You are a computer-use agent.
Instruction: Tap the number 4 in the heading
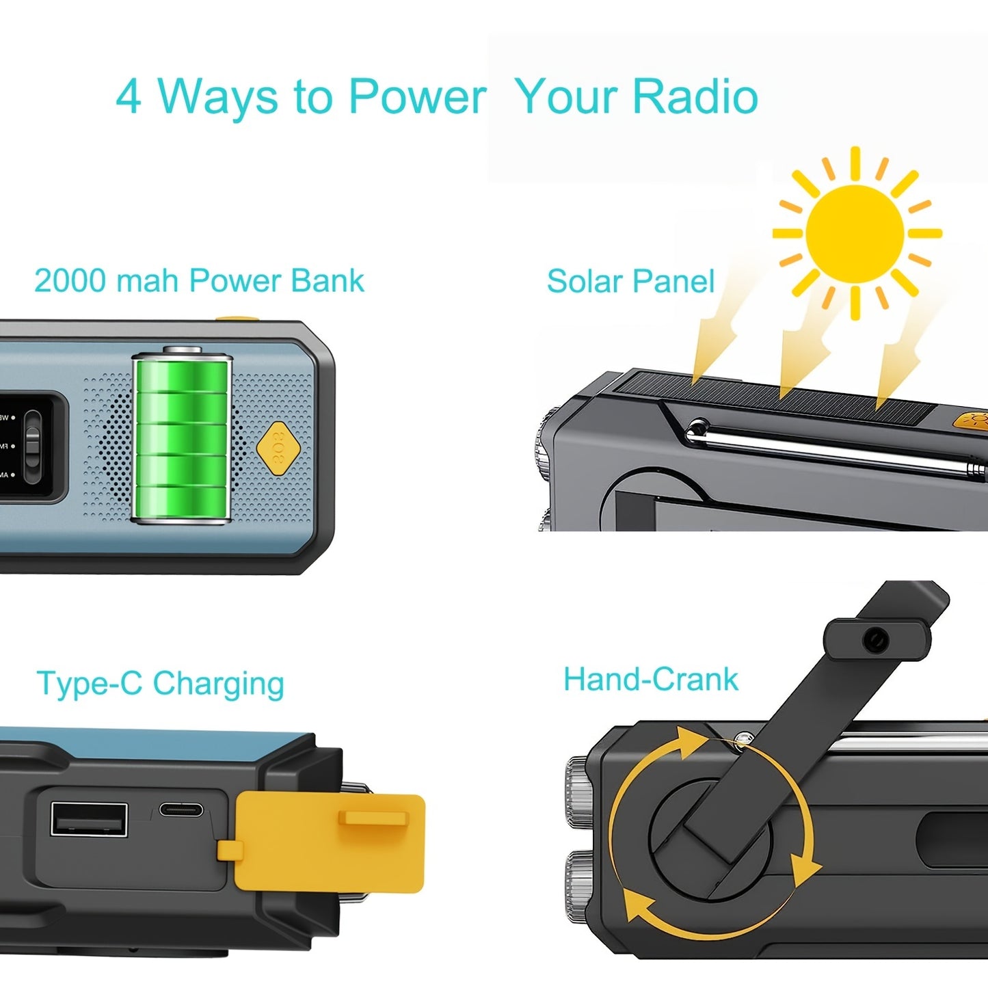(129, 96)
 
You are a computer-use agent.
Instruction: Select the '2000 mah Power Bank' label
(199, 281)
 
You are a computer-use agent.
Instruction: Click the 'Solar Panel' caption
(630, 282)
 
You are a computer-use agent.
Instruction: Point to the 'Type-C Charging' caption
(160, 683)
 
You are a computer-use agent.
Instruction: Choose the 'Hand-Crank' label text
(650, 680)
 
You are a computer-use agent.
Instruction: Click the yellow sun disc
(855, 233)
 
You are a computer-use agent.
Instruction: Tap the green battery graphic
(182, 438)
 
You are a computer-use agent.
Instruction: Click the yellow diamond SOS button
(278, 445)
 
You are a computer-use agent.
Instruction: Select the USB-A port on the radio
(89, 819)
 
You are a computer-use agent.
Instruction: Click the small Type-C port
(181, 810)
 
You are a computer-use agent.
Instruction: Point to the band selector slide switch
(32, 444)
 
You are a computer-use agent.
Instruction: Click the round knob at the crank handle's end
(876, 640)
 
